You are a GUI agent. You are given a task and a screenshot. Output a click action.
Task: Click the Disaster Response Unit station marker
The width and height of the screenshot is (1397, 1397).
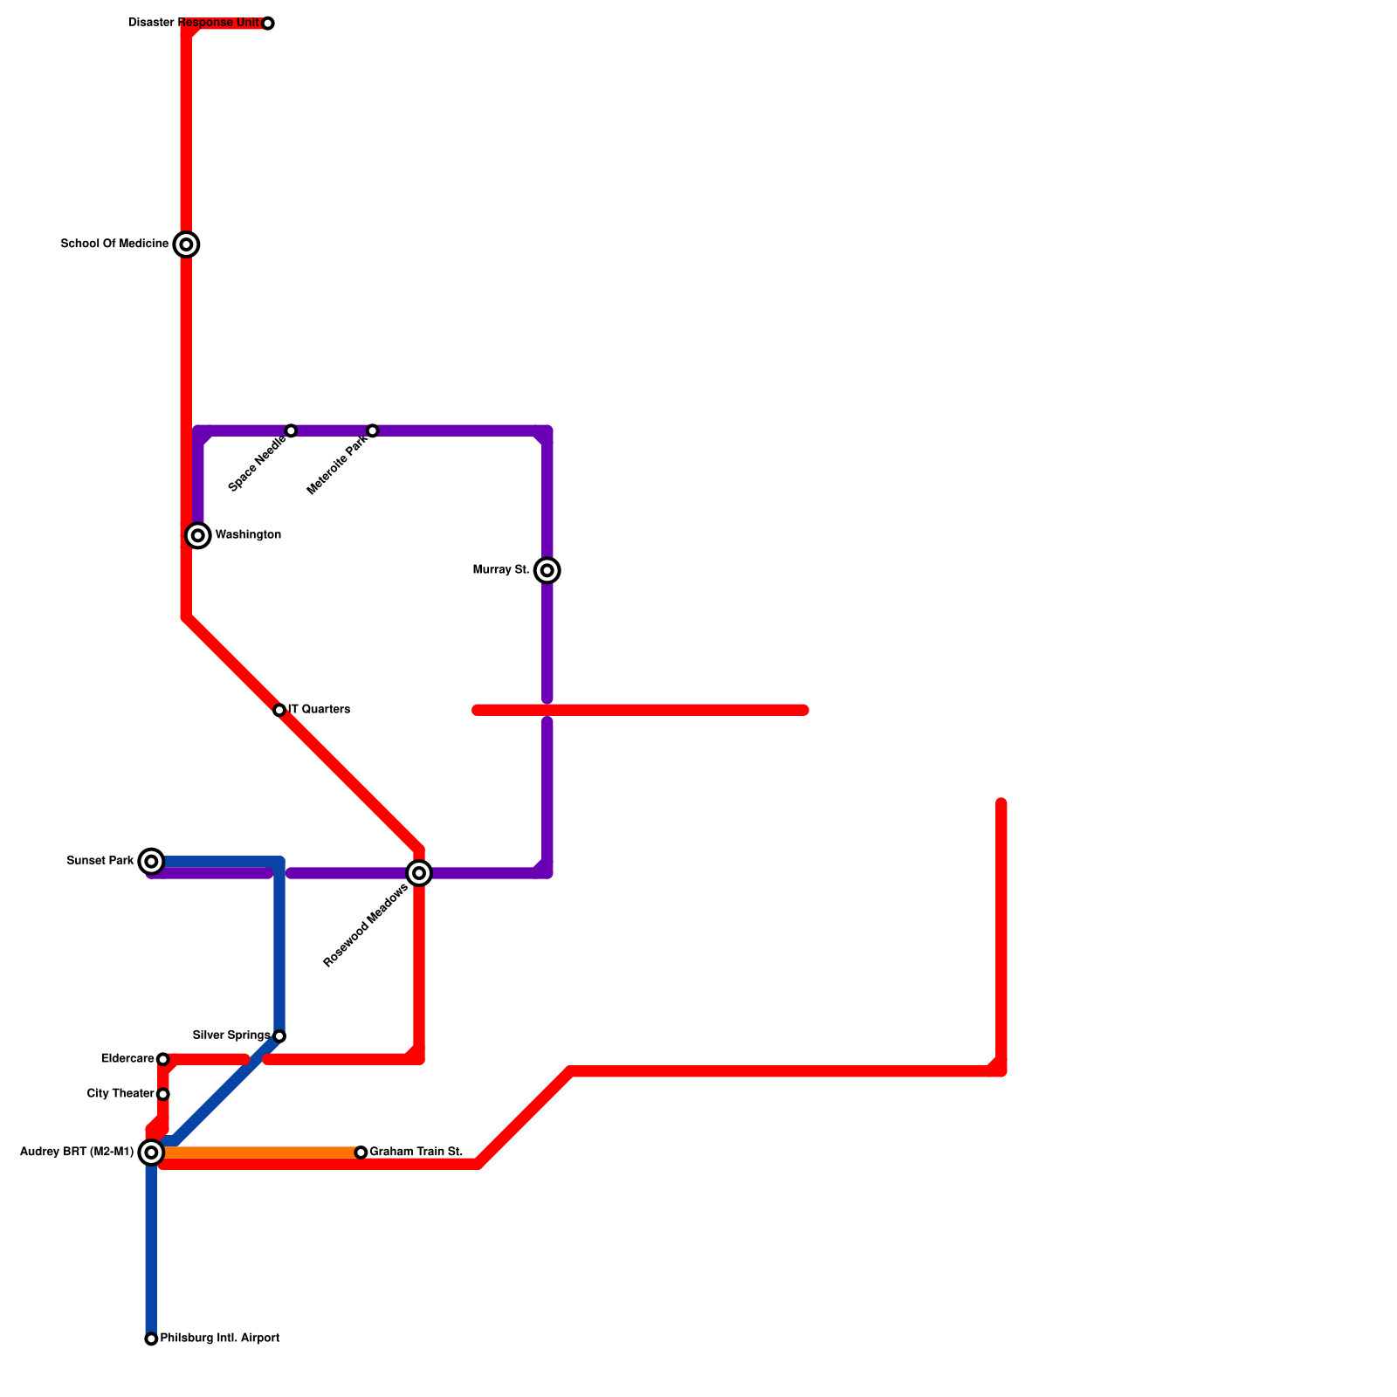click(x=268, y=24)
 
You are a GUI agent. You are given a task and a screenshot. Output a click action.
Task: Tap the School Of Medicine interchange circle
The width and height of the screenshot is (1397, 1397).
click(x=186, y=244)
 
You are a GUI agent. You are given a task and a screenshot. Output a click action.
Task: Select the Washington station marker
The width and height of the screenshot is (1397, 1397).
click(x=198, y=535)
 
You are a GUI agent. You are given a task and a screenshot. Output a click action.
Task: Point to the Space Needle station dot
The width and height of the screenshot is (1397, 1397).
click(x=292, y=431)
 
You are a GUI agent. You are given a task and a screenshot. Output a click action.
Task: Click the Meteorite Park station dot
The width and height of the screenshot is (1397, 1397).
click(x=373, y=431)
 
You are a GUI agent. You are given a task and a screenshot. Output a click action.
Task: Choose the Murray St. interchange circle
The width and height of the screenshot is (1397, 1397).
click(x=547, y=571)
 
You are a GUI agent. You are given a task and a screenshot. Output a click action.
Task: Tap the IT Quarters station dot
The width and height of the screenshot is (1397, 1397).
click(x=279, y=711)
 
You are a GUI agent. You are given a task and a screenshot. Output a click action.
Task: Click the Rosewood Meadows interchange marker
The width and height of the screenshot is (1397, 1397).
click(x=419, y=873)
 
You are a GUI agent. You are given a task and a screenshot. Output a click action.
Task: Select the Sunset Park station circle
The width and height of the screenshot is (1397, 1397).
click(x=152, y=862)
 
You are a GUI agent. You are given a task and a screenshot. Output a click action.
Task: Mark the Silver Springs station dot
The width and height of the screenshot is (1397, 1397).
click(x=279, y=1036)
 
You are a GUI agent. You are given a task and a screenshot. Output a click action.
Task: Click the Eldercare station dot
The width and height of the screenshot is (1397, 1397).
click(x=163, y=1060)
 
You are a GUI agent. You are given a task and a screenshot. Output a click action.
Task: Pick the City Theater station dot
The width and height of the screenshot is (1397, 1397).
click(x=163, y=1095)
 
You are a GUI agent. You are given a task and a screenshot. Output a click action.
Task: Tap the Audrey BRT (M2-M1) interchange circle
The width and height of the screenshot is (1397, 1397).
click(x=152, y=1153)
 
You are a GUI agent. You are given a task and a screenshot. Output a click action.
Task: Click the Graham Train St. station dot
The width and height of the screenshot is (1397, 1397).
click(x=361, y=1153)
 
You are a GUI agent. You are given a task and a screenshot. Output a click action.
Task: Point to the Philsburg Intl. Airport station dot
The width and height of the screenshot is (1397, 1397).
click(x=152, y=1339)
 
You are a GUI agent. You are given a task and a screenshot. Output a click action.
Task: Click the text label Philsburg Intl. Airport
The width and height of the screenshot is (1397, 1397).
click(x=220, y=1339)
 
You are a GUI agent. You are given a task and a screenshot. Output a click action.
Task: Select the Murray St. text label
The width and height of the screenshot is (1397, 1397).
click(x=500, y=570)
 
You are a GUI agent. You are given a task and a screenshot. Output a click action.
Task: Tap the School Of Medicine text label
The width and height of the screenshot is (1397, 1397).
click(x=114, y=244)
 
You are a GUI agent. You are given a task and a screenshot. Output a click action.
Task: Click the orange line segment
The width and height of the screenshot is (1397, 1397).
click(x=262, y=1153)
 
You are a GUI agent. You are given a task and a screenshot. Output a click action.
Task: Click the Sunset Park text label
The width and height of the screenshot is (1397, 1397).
click(x=100, y=861)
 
